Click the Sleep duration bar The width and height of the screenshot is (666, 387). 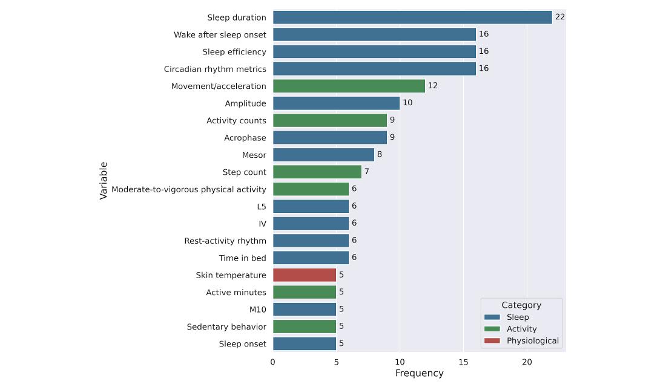pos(412,18)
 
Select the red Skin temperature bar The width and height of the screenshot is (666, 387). pos(305,275)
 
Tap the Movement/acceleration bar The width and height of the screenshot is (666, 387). pos(349,86)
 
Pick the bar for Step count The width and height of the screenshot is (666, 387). pos(317,172)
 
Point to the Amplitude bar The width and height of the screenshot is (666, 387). pos(336,103)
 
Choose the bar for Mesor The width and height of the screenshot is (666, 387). pos(323,155)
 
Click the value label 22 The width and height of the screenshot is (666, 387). pos(560,18)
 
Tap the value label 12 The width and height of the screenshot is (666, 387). pos(433,86)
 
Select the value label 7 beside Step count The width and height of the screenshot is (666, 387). pos(367,172)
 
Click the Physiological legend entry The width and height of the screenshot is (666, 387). pos(532,341)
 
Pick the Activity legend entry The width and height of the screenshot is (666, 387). pos(521,329)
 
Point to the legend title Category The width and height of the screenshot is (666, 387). pos(521,305)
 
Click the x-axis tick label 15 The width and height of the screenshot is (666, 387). pos(463,362)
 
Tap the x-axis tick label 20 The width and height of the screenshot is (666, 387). pos(527,362)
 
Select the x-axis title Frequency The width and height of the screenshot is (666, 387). pos(419,374)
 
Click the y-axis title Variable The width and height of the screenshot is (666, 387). pos(104,180)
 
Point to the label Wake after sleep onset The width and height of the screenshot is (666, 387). pos(220,35)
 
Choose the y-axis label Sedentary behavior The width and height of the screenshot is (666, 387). pos(226,327)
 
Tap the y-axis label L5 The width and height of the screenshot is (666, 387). pos(261,207)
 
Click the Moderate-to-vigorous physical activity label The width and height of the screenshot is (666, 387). pos(189,189)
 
